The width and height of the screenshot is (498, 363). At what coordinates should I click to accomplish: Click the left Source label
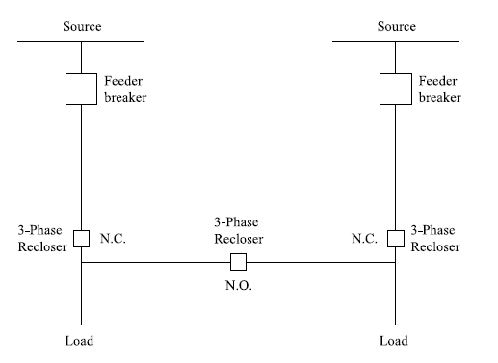82,26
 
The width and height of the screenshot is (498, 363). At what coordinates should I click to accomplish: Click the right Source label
396,26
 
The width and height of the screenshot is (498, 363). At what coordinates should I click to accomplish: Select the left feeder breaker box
82,90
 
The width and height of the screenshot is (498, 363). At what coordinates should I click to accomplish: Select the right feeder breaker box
396,90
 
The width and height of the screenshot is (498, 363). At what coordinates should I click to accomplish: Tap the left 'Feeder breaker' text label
126,90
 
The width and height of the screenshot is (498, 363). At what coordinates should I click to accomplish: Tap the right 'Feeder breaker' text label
440,90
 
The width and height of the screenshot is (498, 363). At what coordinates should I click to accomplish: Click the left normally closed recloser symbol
82,238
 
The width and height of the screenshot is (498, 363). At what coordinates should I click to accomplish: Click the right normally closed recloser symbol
396,238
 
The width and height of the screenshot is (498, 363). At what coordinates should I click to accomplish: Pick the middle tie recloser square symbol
238,262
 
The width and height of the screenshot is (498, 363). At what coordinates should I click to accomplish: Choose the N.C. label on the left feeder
114,238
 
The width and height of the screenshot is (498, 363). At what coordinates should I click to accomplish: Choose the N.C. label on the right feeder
364,238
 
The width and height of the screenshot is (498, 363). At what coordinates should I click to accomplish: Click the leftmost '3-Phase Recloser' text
40,238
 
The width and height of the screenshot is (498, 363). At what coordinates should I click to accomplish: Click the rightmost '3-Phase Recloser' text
435,238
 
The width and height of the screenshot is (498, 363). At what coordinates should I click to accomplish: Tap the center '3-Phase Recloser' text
238,229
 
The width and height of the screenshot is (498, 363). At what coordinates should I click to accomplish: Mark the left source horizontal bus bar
82,41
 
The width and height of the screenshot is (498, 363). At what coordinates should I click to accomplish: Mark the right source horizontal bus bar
396,41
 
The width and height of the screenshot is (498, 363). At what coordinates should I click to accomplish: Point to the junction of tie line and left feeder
82,262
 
